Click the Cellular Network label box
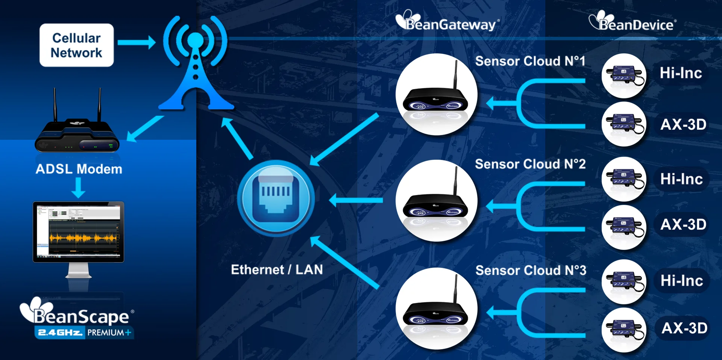tap(77, 45)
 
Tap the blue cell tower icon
tap(196, 64)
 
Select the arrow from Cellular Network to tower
tap(136, 42)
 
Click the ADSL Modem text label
tap(79, 169)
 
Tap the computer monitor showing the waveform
tap(78, 232)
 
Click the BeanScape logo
tap(77, 314)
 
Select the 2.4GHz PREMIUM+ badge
tap(84, 333)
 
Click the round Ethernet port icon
tap(276, 198)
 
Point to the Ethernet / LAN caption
tap(277, 269)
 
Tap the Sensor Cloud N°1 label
tap(530, 61)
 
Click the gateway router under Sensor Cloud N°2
tap(436, 201)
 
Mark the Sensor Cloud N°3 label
tap(531, 270)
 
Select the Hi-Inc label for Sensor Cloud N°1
tap(681, 73)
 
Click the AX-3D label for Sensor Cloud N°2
tap(683, 224)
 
